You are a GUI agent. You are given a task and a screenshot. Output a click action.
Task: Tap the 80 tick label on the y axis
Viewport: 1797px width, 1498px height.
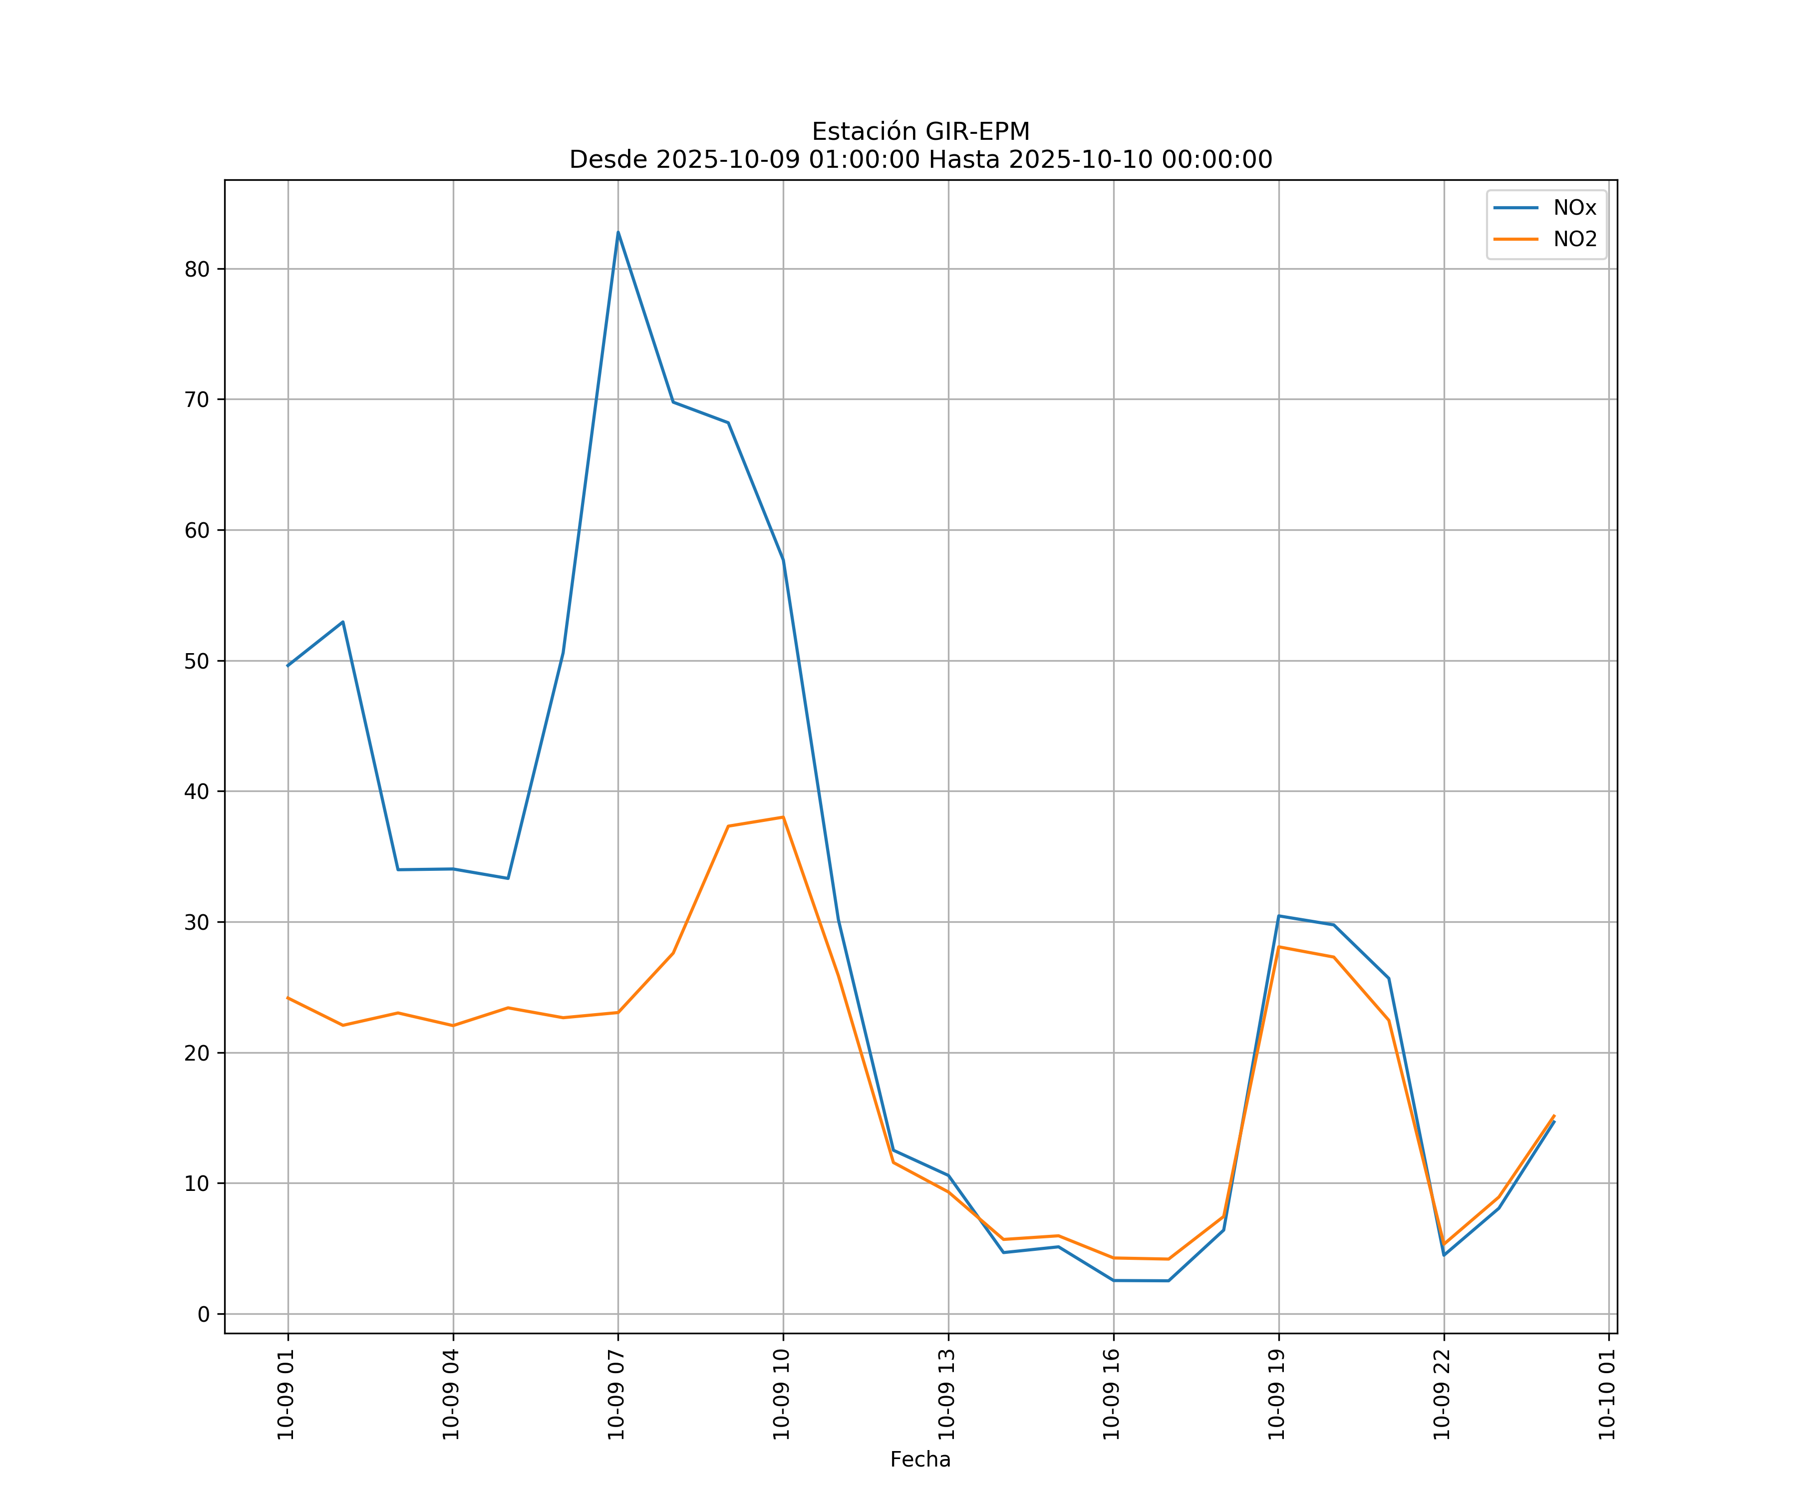[x=197, y=270]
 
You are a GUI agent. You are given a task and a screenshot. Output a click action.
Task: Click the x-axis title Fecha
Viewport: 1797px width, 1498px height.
[x=920, y=1460]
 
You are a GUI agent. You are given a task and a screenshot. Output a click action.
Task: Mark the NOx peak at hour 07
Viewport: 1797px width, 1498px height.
[x=618, y=232]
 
